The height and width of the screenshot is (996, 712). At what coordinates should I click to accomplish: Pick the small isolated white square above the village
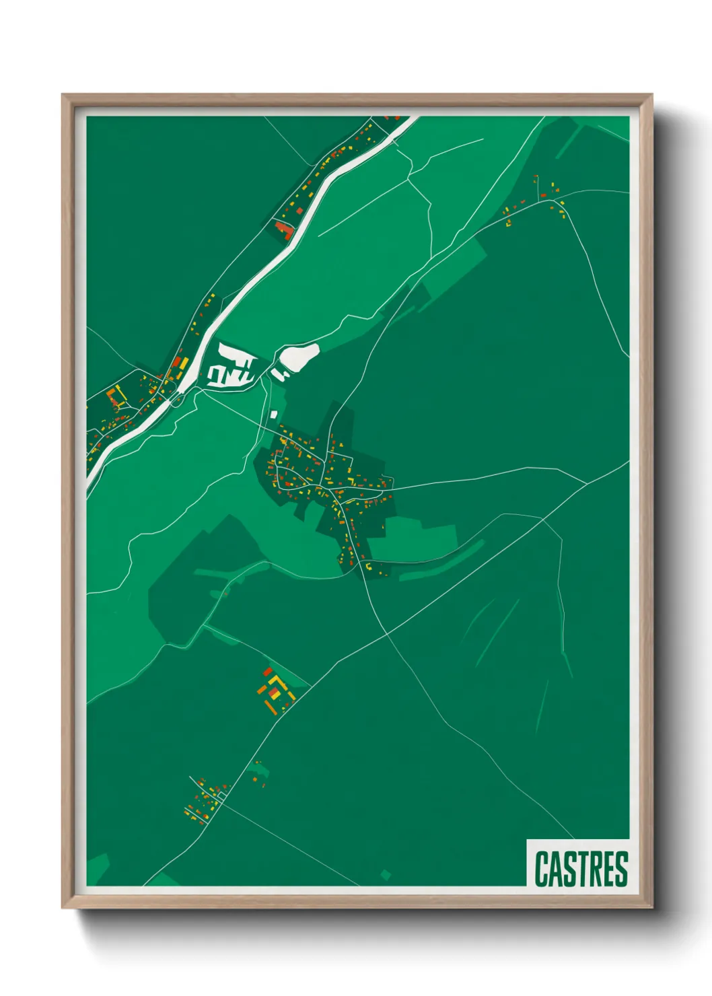click(274, 414)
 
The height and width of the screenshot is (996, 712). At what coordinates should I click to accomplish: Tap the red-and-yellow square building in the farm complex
click(273, 692)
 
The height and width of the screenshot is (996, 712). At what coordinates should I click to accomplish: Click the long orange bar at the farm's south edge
click(271, 707)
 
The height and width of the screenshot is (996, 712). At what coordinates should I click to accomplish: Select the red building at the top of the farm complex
click(267, 672)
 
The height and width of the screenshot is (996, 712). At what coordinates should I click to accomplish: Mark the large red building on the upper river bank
click(284, 230)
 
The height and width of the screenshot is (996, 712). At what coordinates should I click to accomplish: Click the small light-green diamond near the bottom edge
click(386, 874)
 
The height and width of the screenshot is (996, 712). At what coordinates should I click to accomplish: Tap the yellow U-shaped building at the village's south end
click(368, 567)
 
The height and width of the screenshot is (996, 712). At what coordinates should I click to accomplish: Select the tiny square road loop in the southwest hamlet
click(221, 795)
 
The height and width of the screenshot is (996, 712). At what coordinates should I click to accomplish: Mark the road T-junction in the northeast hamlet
click(542, 199)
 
